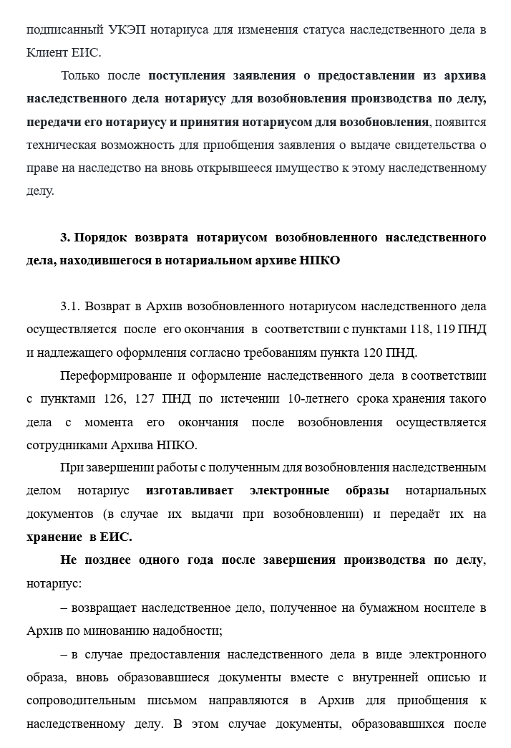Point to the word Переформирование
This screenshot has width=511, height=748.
point(115,375)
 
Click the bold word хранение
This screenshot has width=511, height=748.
point(53,537)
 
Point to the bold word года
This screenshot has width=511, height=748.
point(203,560)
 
